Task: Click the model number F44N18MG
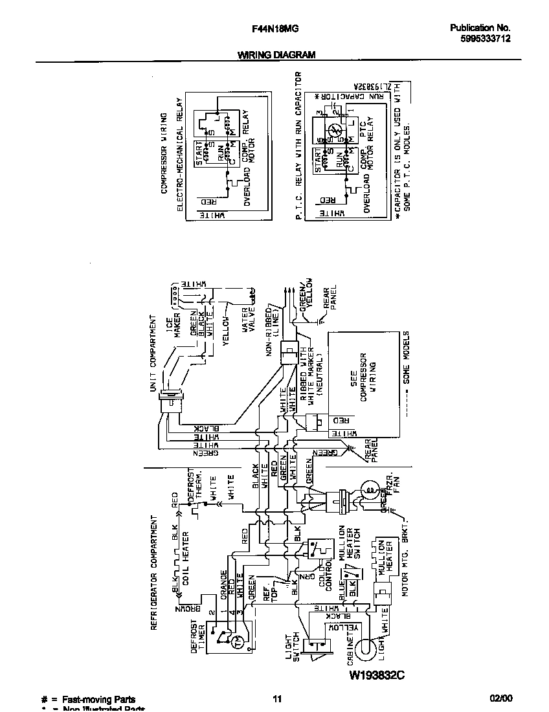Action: click(270, 28)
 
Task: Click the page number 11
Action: click(276, 699)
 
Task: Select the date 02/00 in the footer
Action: click(500, 699)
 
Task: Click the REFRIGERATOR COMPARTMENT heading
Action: click(154, 573)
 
